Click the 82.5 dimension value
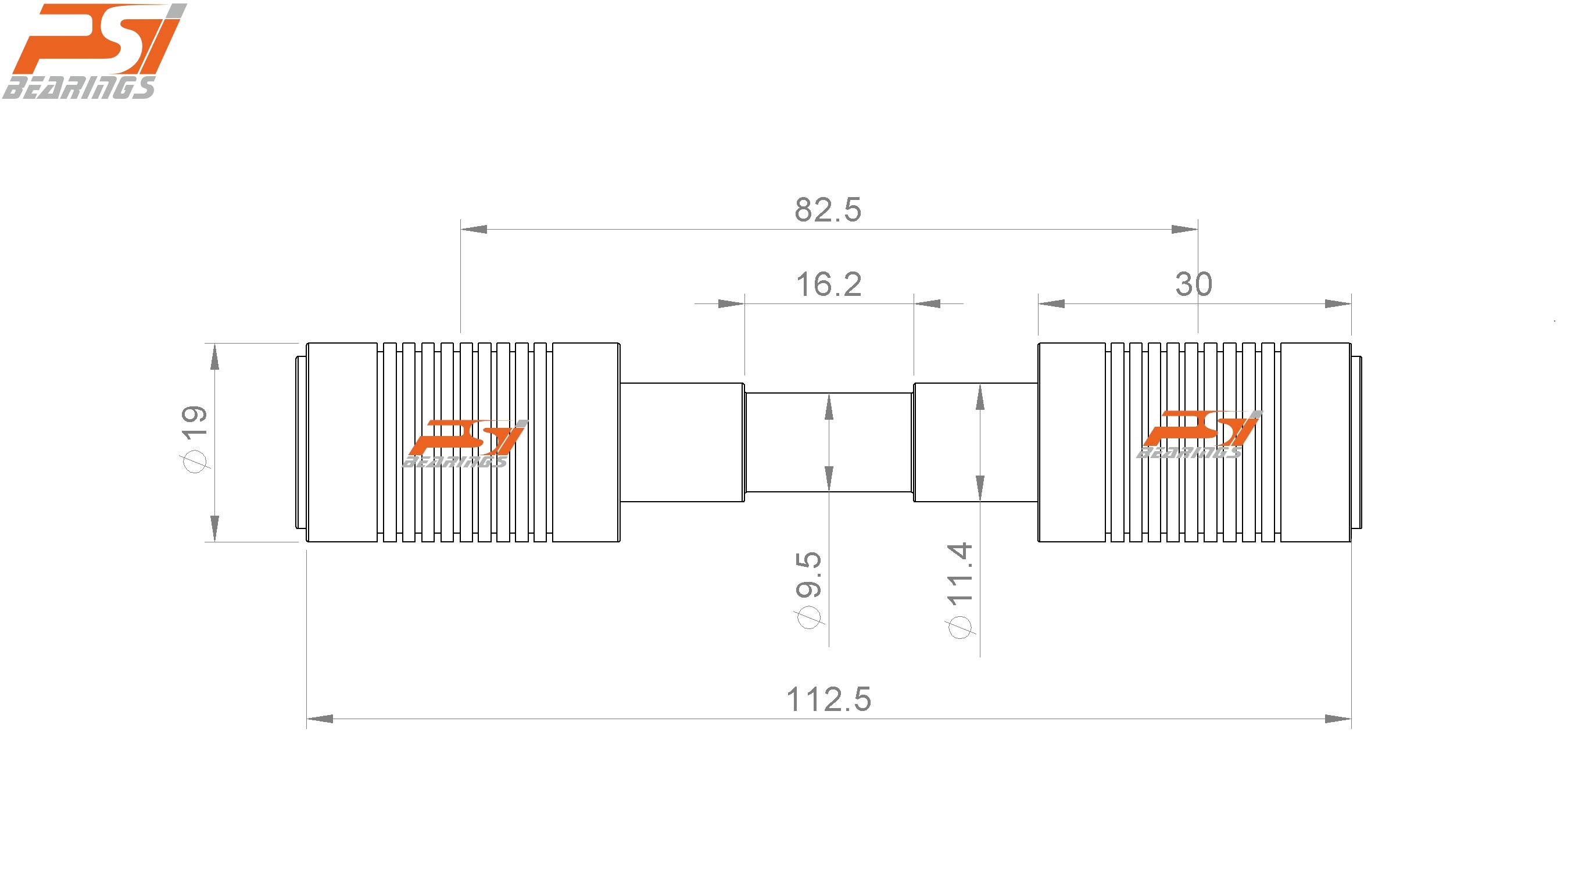[828, 210]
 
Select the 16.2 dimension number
[829, 285]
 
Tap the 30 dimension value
[1193, 285]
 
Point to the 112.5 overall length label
[829, 700]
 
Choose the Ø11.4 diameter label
[960, 589]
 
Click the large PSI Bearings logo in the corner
[92, 51]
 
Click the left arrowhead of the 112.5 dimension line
[320, 719]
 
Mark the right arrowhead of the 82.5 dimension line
[1184, 230]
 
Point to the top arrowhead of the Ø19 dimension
[214, 358]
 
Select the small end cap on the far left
[300, 442]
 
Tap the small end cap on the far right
[1356, 442]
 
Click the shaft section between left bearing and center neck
[682, 442]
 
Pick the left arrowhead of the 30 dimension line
[1051, 303]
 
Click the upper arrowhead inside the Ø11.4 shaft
[979, 396]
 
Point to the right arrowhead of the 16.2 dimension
[927, 303]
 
